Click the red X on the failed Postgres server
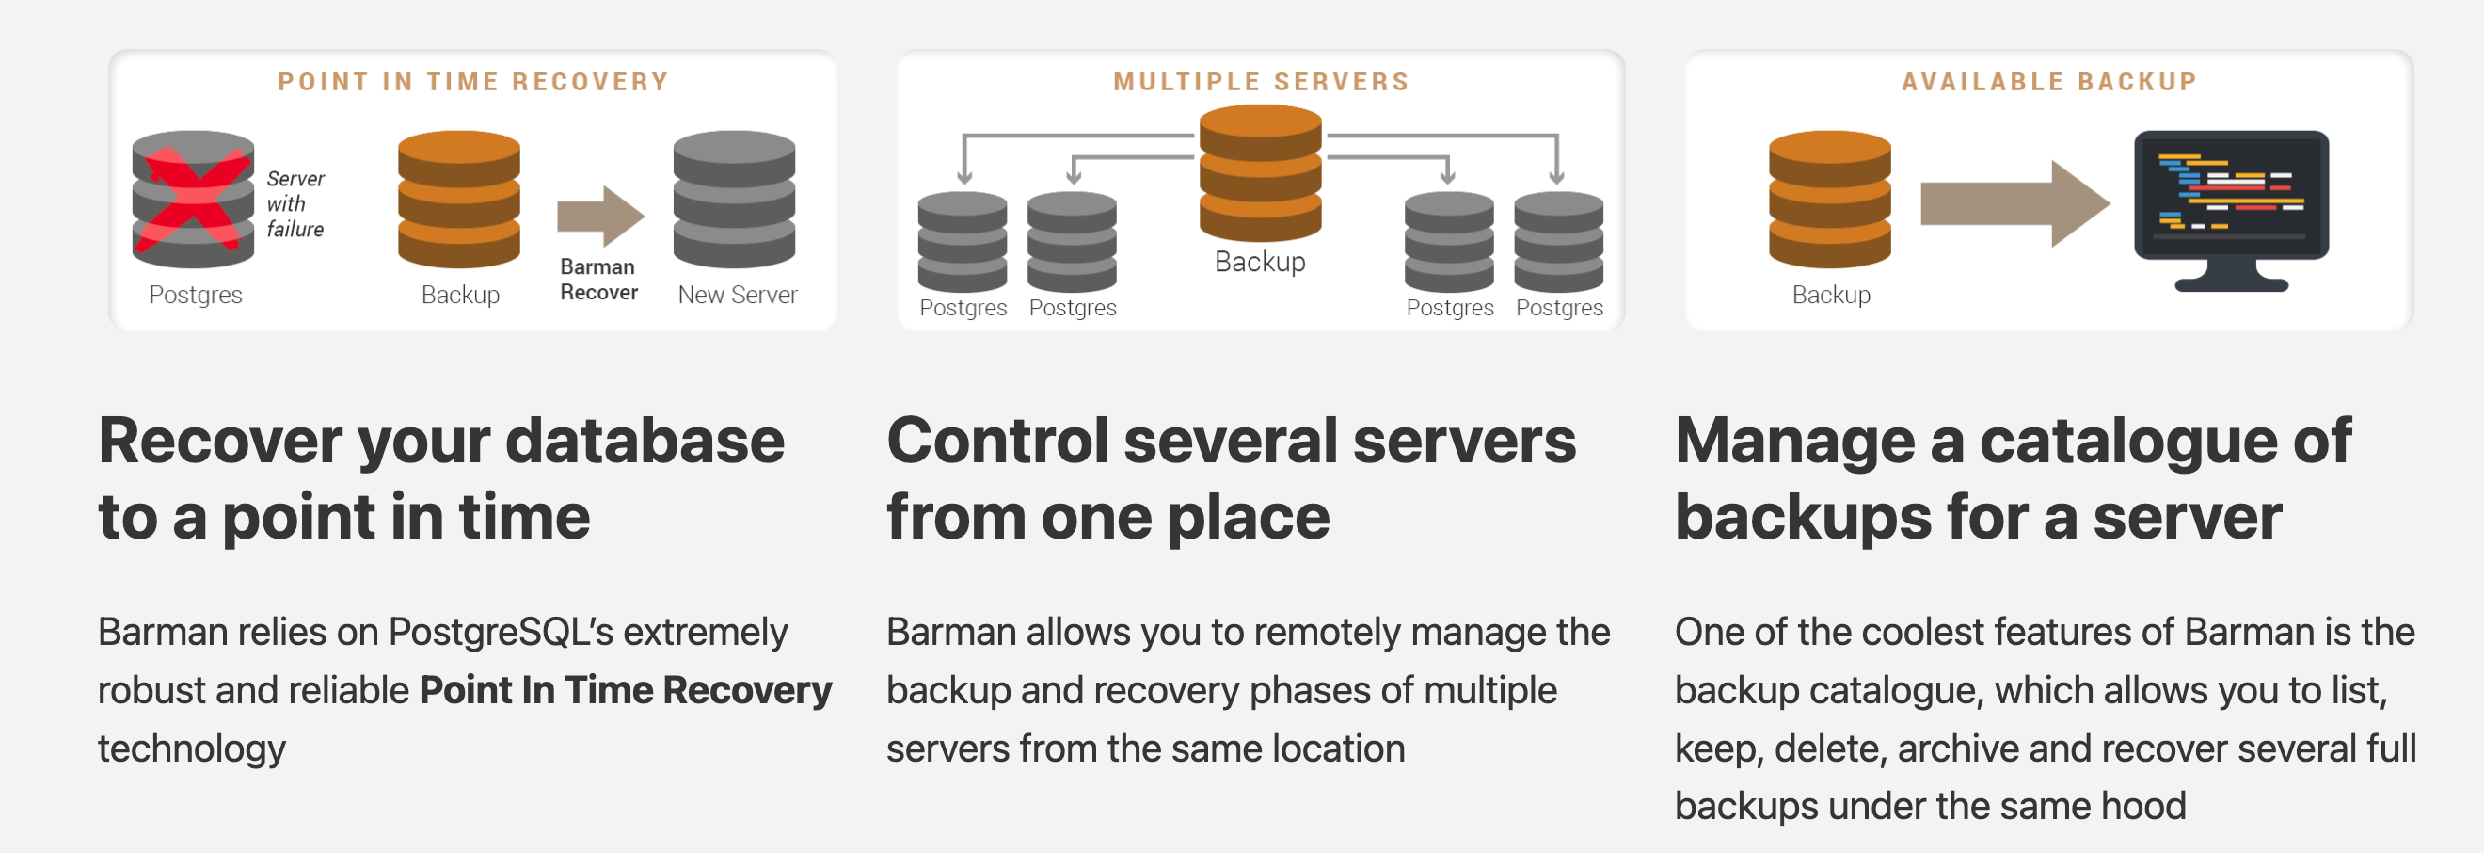193,200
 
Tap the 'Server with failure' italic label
295,203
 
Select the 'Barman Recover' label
597,279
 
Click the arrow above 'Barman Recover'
599,216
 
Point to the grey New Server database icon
734,199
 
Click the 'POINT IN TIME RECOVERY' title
473,82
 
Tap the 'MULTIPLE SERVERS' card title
1261,82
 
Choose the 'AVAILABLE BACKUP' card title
2049,82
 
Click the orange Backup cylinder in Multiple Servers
1260,173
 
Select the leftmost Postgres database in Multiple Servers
963,241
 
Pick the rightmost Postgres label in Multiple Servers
1559,308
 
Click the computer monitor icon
2231,207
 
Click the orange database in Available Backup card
1829,199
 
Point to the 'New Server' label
738,295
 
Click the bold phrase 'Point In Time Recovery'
625,690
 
